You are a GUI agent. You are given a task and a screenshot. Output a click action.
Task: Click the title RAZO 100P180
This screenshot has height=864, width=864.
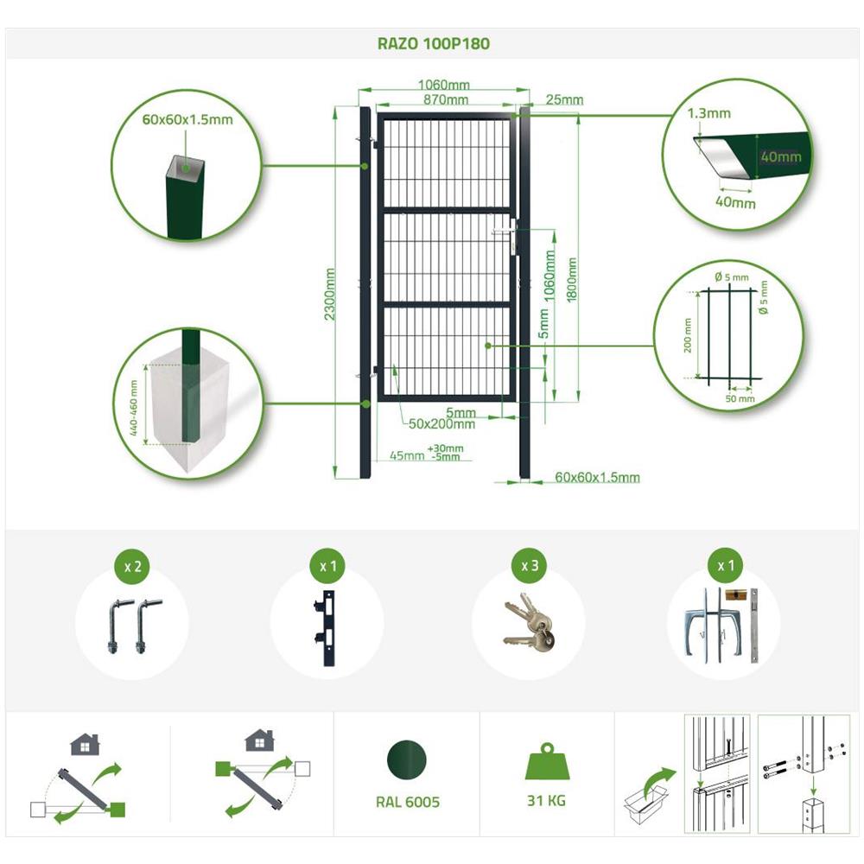433,43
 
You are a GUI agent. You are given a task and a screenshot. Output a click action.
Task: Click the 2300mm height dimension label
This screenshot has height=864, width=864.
329,294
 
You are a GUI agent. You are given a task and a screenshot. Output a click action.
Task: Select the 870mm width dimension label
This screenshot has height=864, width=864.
446,99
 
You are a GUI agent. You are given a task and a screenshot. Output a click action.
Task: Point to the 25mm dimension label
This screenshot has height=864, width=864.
564,99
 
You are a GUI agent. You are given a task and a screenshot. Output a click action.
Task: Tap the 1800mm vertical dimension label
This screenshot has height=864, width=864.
571,279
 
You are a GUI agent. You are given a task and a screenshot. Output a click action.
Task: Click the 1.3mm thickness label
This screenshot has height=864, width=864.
708,113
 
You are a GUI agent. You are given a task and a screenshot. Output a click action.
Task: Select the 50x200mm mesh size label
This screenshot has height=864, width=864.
442,423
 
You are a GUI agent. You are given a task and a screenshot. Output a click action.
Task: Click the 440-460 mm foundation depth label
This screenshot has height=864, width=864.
134,408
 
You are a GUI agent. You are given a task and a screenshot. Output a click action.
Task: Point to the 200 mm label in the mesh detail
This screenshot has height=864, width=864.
687,335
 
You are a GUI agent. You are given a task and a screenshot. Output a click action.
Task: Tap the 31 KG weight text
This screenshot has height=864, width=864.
546,801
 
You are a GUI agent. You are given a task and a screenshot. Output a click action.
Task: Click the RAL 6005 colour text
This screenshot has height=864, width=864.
408,803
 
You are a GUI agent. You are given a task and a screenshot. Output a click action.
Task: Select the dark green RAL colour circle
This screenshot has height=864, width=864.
407,760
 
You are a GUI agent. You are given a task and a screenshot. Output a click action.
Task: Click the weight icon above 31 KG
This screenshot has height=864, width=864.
546,762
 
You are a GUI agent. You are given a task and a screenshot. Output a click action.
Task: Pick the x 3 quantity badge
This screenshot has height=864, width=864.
530,566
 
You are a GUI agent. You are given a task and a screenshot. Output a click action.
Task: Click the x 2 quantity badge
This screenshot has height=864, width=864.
132,567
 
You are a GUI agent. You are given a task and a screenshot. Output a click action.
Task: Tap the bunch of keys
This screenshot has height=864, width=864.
529,623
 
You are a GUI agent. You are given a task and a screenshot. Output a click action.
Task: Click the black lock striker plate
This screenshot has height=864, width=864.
327,628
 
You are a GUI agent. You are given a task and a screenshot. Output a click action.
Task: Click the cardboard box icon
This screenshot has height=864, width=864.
645,804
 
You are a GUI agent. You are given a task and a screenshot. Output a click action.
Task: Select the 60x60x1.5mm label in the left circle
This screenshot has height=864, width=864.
187,119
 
